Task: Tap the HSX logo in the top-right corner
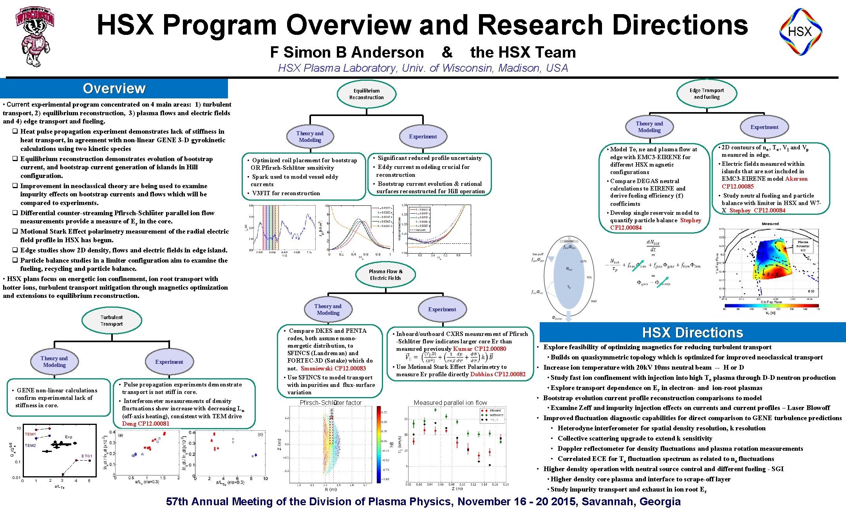click(800, 32)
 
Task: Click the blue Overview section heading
click(114, 89)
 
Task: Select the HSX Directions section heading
click(692, 333)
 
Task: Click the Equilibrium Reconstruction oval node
click(367, 94)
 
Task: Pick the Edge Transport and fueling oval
click(707, 94)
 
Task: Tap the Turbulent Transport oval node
click(112, 321)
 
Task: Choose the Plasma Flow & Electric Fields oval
click(385, 275)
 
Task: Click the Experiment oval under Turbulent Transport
click(169, 362)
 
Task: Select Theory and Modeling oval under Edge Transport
click(649, 127)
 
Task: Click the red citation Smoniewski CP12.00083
click(333, 368)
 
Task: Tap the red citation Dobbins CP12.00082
click(498, 374)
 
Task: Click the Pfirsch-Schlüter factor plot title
click(331, 403)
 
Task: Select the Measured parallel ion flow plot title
click(450, 403)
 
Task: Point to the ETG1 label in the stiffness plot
click(87, 456)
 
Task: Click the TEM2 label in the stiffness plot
click(30, 446)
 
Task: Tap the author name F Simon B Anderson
click(347, 52)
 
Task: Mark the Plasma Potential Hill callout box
click(803, 246)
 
